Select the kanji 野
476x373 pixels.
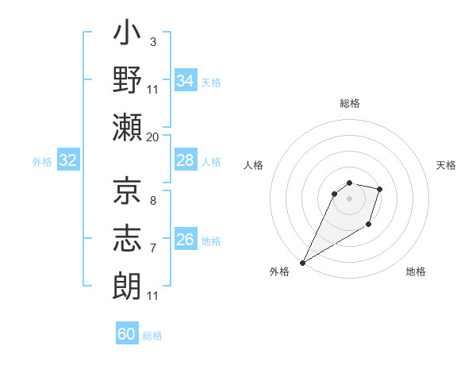pyautogui.click(x=128, y=82)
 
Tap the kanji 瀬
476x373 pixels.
pyautogui.click(x=128, y=126)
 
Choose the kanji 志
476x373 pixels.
pyautogui.click(x=128, y=236)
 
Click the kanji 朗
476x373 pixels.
pyautogui.click(x=128, y=283)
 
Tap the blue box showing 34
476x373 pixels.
pyautogui.click(x=186, y=81)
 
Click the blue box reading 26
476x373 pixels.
pyautogui.click(x=186, y=240)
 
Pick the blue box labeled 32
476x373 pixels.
pyautogui.click(x=68, y=161)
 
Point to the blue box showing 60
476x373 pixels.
pyautogui.click(x=127, y=334)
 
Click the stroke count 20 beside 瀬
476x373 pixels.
pyautogui.click(x=152, y=137)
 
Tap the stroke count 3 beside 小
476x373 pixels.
pyautogui.click(x=152, y=40)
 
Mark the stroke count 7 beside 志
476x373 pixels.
pyautogui.click(x=152, y=248)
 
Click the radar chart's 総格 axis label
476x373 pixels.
pyautogui.click(x=350, y=103)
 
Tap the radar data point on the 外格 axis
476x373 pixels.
pyautogui.click(x=302, y=263)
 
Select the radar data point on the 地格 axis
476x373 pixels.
pyautogui.click(x=369, y=225)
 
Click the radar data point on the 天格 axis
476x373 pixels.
pyautogui.click(x=380, y=189)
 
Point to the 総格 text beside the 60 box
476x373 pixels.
pyautogui.click(x=152, y=336)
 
